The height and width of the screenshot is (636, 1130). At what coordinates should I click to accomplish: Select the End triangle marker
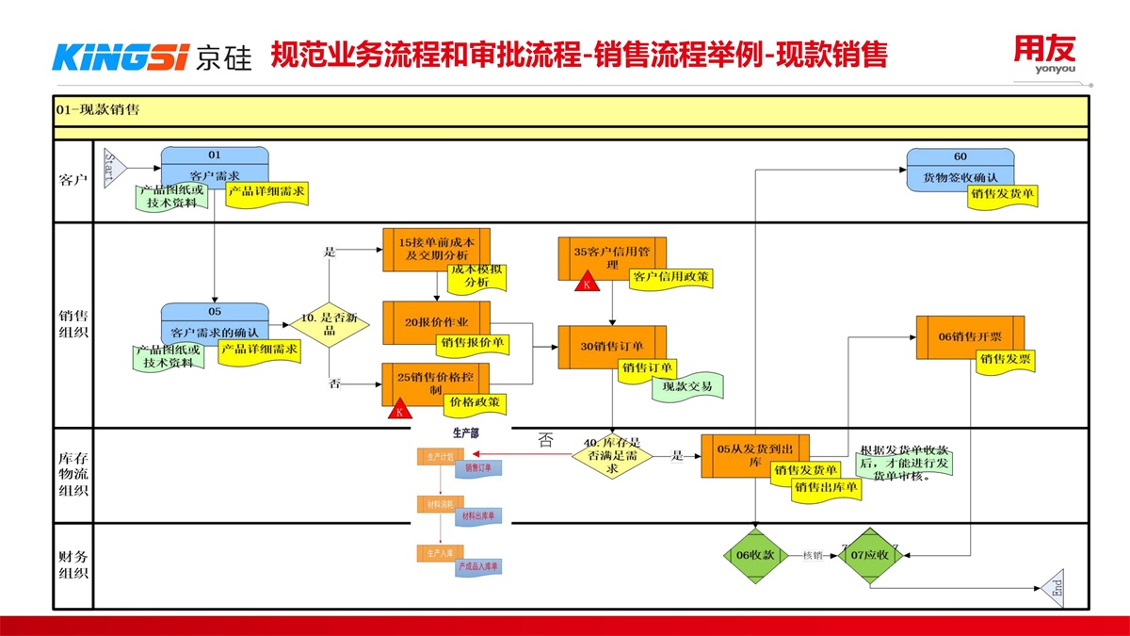point(1053,589)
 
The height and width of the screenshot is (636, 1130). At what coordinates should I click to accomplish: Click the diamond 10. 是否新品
point(329,321)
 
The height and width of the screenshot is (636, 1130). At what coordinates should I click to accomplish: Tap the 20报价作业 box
point(436,321)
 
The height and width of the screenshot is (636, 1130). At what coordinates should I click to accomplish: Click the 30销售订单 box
point(612,345)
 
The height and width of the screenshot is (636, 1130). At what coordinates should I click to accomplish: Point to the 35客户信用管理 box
point(612,255)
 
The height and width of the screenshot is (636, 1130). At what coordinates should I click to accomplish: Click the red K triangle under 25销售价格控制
point(399,411)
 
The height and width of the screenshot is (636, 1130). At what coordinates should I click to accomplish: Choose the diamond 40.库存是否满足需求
point(612,455)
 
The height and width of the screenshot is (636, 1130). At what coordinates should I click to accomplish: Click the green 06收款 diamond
point(756,555)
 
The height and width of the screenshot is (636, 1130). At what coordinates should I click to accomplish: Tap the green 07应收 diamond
point(870,555)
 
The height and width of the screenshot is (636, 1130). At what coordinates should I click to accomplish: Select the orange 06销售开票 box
point(970,336)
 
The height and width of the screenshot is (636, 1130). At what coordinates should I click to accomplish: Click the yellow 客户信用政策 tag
point(671,277)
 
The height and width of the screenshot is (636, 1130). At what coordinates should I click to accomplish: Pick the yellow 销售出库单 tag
point(825,487)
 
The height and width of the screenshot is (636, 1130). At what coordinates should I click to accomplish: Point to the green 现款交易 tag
point(688,386)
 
